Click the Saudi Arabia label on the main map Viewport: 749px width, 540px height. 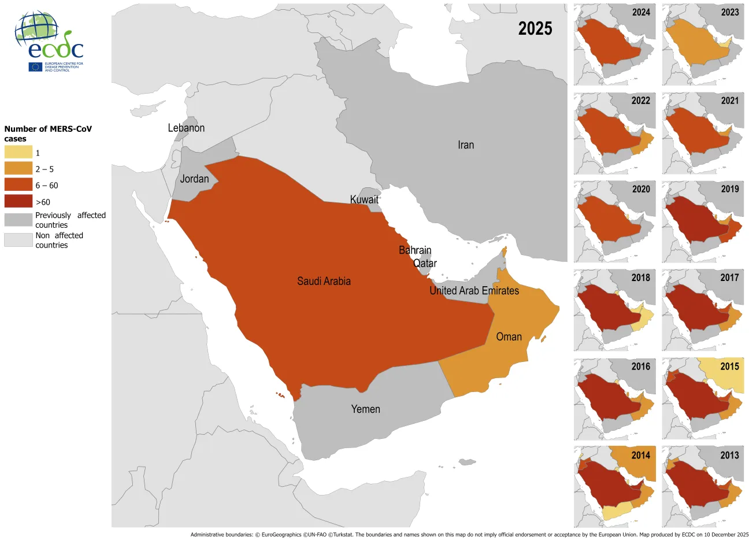pyautogui.click(x=324, y=282)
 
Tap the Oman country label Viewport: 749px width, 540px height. pyautogui.click(x=509, y=337)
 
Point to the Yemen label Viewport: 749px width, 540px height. pyautogui.click(x=365, y=409)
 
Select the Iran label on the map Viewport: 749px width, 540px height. pyautogui.click(x=465, y=145)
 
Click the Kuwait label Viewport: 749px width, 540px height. pyautogui.click(x=364, y=200)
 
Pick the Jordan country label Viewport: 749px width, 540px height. pyautogui.click(x=194, y=179)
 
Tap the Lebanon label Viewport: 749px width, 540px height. pyautogui.click(x=186, y=128)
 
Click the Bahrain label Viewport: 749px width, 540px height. pyautogui.click(x=415, y=250)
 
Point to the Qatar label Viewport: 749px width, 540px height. pyautogui.click(x=425, y=264)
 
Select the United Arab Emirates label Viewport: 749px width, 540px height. pyautogui.click(x=474, y=291)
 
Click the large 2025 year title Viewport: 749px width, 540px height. pyautogui.click(x=535, y=29)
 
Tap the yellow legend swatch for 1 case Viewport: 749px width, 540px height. pyautogui.click(x=18, y=153)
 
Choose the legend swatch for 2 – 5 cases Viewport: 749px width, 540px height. pyautogui.click(x=18, y=169)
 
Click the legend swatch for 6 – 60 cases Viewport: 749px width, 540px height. pyautogui.click(x=18, y=185)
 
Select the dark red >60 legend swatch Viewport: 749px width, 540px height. pyautogui.click(x=18, y=202)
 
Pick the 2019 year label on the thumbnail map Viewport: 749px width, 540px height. pyautogui.click(x=729, y=189)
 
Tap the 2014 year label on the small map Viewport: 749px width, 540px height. pyautogui.click(x=640, y=456)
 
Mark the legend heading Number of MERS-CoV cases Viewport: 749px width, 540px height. pyautogui.click(x=48, y=134)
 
